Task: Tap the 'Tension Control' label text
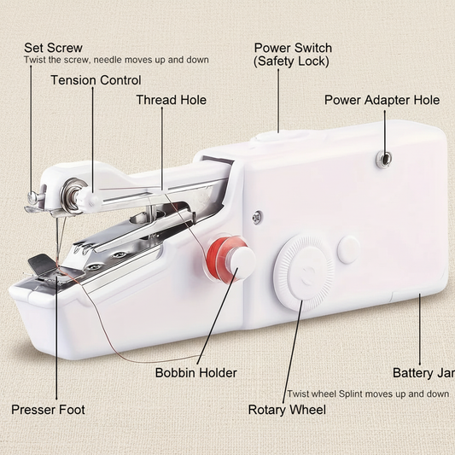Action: [x=96, y=80]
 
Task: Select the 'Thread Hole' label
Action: [x=171, y=100]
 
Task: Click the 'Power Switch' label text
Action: [x=293, y=48]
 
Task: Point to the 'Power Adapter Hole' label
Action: [x=382, y=100]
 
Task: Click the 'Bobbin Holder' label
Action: [x=195, y=372]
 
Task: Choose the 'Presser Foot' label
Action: [x=48, y=410]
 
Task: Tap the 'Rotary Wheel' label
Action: [x=287, y=410]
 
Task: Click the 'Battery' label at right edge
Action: [x=423, y=373]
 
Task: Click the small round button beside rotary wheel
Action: [x=348, y=249]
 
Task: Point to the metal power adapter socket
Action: [x=385, y=157]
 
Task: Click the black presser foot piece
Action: [x=40, y=265]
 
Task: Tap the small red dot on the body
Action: [x=257, y=219]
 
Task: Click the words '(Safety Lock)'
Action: [x=291, y=62]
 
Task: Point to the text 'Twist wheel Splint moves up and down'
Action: [x=367, y=394]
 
